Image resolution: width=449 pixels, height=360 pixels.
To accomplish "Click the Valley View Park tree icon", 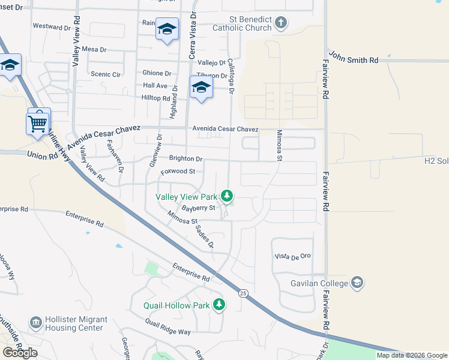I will (227, 196).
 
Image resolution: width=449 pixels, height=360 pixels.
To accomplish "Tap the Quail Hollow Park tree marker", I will (219, 305).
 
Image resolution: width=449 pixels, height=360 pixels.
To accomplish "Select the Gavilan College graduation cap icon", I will (357, 282).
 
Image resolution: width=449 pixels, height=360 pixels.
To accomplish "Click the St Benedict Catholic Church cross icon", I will (281, 23).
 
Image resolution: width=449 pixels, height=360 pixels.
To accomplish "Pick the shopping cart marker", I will (38, 124).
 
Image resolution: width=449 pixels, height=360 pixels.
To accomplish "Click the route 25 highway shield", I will (243, 293).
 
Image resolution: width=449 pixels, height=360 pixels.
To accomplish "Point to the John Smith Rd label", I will (354, 60).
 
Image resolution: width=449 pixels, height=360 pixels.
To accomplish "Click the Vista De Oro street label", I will (292, 256).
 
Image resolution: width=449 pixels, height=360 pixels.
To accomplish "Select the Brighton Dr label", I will (186, 158).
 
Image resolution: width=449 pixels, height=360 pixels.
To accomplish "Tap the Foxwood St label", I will (179, 171).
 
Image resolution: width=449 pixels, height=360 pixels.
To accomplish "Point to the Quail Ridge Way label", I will (167, 327).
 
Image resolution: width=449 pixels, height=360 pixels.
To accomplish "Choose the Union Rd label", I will (41, 155).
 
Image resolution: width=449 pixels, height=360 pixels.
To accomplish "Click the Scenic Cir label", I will (105, 74).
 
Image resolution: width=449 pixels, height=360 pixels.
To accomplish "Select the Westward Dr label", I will (52, 26).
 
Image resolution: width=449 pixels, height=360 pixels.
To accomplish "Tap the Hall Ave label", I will (155, 86).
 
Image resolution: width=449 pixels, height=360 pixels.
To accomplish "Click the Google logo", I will (20, 353).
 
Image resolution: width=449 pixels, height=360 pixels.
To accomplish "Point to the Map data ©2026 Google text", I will (412, 355).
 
